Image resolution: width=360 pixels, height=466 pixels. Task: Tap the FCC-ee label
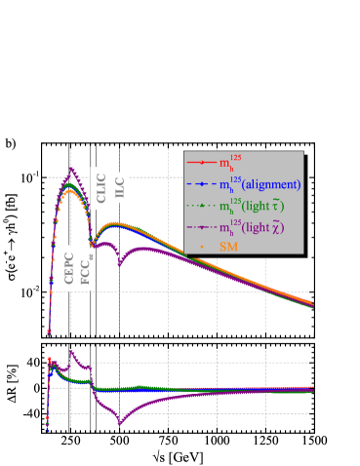pyautogui.click(x=87, y=269)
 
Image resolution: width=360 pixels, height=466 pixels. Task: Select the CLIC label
pyautogui.click(x=101, y=187)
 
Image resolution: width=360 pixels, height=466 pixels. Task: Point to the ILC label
pyautogui.click(x=120, y=190)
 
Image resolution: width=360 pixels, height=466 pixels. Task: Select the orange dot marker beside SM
pyautogui.click(x=201, y=248)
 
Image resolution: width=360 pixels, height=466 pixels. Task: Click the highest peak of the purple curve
pyautogui.click(x=70, y=169)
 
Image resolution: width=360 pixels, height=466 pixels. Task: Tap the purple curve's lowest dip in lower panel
pyautogui.click(x=120, y=422)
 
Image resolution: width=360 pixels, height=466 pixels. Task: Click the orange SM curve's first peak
pyautogui.click(x=69, y=192)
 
